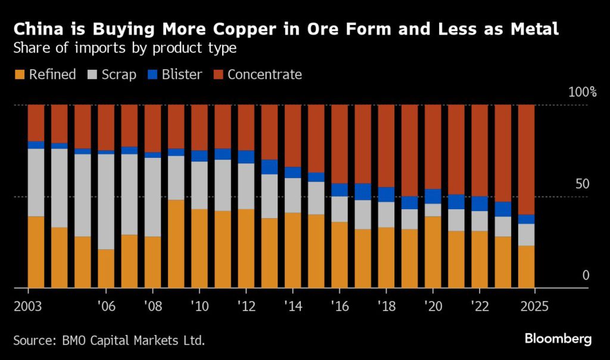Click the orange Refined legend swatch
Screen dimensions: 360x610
[20, 75]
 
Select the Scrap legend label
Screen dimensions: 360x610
[119, 75]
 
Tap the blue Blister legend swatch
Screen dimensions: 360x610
[151, 75]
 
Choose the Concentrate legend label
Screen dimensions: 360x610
[264, 75]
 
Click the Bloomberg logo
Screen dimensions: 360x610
[558, 339]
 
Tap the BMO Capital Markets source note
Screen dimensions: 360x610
[108, 341]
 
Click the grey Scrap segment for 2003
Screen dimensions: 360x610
[36, 182]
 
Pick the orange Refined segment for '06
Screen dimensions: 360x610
[106, 268]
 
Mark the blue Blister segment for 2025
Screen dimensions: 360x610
[527, 219]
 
